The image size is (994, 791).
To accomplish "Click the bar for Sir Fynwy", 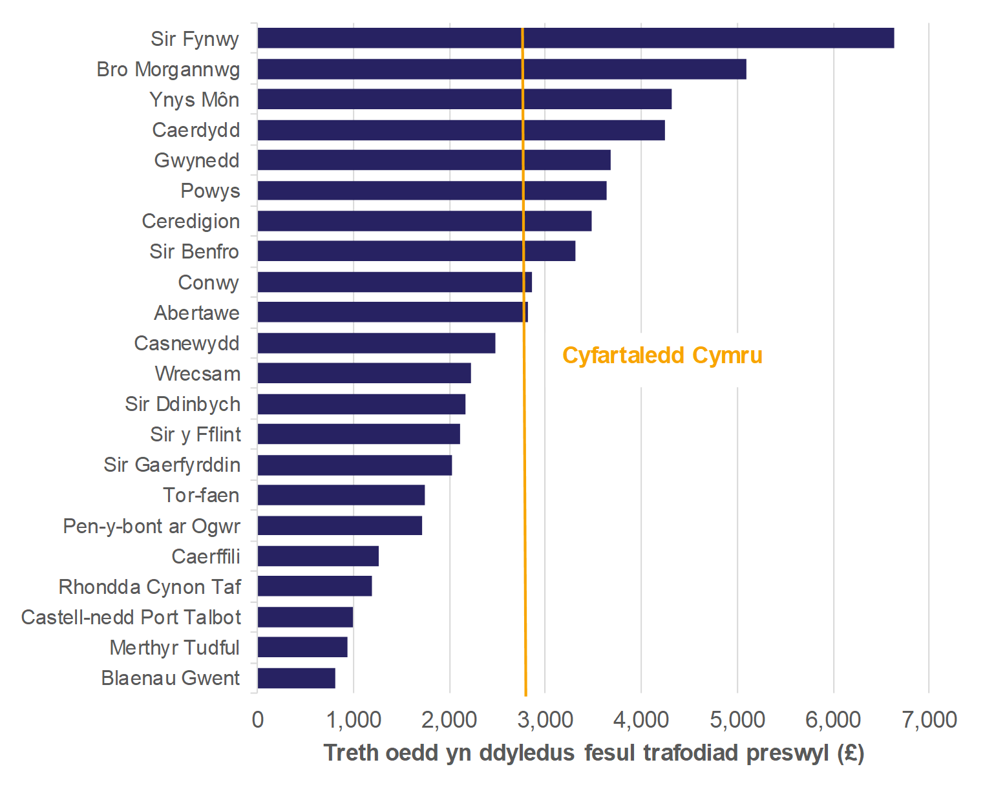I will [x=575, y=38].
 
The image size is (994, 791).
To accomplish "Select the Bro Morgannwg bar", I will [x=502, y=69].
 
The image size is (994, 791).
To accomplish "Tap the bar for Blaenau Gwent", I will [x=296, y=678].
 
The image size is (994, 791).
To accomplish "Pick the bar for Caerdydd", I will [x=461, y=130].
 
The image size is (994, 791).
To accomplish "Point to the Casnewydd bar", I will [x=376, y=343].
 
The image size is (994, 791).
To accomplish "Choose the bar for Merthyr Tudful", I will [x=302, y=648].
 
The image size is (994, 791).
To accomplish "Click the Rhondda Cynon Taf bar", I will [x=314, y=586].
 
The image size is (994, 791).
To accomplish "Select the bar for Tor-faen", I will [x=341, y=495].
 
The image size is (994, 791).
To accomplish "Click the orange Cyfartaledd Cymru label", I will [x=662, y=355].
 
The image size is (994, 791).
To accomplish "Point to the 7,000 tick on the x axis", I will [x=929, y=720].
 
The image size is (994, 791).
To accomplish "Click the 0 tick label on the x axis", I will [x=258, y=720].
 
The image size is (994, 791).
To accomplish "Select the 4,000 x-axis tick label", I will [x=641, y=720].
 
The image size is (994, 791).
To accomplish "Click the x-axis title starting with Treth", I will [x=593, y=754].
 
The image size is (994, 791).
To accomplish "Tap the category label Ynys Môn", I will [x=195, y=100].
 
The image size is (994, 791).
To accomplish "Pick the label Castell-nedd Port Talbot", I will [x=131, y=617].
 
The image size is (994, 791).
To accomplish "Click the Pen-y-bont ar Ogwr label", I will [x=152, y=526].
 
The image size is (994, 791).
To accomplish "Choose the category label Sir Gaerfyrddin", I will [x=172, y=465].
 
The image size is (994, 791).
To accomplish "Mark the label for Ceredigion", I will [x=191, y=221].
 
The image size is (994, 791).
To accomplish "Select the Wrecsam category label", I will [x=198, y=374].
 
